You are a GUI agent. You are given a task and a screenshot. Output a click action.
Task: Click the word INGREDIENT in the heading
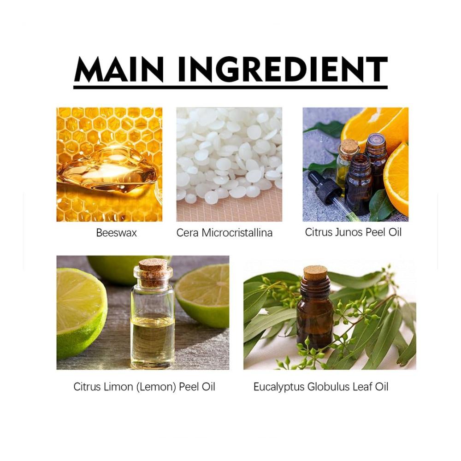(x=283, y=70)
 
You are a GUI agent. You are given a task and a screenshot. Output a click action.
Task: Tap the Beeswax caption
(x=117, y=233)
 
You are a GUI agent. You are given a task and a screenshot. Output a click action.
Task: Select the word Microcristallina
(x=237, y=233)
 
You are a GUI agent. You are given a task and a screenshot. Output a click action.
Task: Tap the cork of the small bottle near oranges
(x=349, y=146)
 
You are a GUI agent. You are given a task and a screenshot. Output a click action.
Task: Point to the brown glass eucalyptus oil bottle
(x=315, y=307)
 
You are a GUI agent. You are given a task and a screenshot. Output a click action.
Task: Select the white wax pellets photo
(x=229, y=165)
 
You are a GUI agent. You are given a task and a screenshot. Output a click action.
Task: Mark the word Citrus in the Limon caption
(x=87, y=387)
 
